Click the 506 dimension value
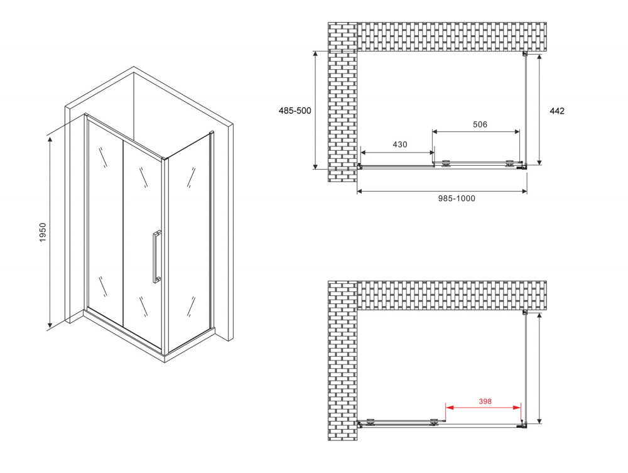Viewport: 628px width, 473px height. coord(479,124)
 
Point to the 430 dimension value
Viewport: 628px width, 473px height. coord(399,144)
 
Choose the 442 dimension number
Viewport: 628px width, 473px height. coord(556,111)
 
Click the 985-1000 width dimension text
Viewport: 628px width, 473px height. coord(457,199)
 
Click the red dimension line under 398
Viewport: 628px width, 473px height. coord(484,408)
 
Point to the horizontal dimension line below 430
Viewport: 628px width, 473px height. coord(397,153)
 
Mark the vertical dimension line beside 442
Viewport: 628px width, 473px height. coord(539,110)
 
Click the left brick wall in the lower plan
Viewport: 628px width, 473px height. coord(342,361)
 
